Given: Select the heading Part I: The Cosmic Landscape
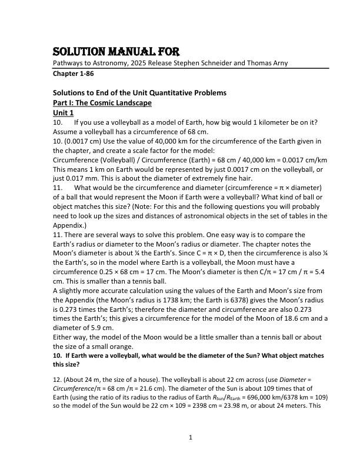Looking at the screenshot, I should (x=102, y=103).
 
